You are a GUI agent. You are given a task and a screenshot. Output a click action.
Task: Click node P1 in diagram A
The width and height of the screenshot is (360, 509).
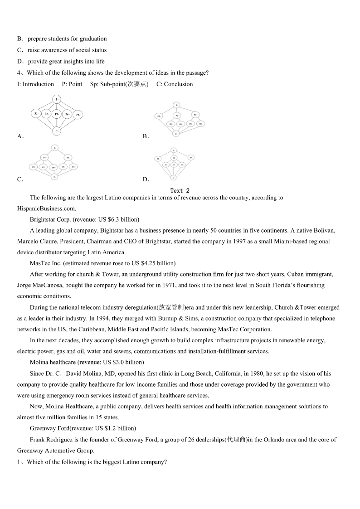pyautogui.click(x=36, y=114)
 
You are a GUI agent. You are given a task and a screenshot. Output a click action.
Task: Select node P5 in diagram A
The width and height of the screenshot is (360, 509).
pyautogui.click(x=78, y=115)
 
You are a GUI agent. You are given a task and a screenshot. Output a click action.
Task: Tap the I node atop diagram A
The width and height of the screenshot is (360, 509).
pyautogui.click(x=56, y=99)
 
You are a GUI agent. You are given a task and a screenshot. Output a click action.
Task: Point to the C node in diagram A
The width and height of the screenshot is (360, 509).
pyautogui.click(x=56, y=131)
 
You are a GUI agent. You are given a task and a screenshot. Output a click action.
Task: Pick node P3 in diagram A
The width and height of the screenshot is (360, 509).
pyautogui.click(x=57, y=114)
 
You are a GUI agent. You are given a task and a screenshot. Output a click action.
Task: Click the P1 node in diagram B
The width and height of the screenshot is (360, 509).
pyautogui.click(x=159, y=116)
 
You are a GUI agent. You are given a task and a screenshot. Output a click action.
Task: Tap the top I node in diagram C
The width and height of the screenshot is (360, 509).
pyautogui.click(x=54, y=148)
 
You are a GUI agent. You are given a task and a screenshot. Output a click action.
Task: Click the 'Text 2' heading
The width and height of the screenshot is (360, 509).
pyautogui.click(x=180, y=191)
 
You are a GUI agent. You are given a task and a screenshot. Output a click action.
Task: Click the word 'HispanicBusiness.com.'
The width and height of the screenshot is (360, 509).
pyautogui.click(x=47, y=208)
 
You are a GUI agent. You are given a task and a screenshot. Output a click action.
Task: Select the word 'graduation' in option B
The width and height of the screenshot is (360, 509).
pyautogui.click(x=92, y=39)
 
